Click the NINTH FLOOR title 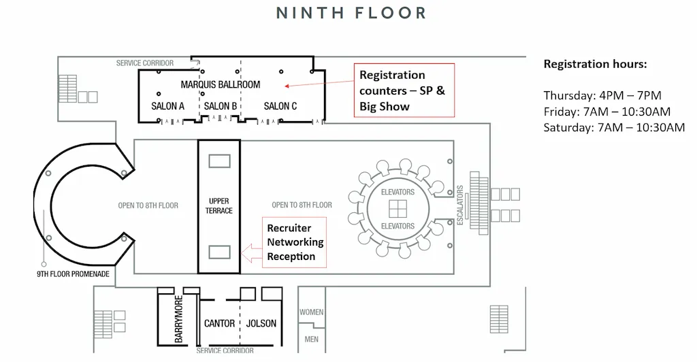tap(351, 13)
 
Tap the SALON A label tap(167, 106)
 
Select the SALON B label tap(221, 106)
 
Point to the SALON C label tap(280, 106)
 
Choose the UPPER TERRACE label tap(219, 205)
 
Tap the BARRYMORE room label tap(179, 319)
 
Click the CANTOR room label tap(219, 323)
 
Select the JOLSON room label tap(261, 323)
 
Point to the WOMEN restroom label tap(311, 312)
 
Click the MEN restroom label tap(311, 339)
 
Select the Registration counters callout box tap(403, 90)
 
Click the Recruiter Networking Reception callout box tap(295, 242)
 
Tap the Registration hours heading tap(595, 65)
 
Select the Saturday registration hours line tap(613, 128)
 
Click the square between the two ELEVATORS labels tap(398, 209)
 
